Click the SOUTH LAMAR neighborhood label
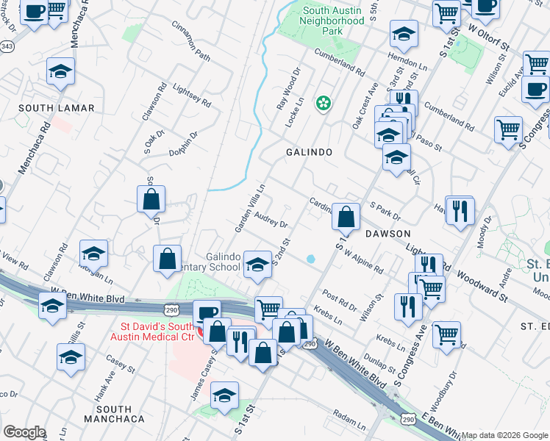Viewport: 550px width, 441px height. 57,108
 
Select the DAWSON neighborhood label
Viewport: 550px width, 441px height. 387,233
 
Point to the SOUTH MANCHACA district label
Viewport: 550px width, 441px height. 113,414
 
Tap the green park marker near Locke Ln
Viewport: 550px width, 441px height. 323,104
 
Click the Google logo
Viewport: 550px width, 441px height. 24,431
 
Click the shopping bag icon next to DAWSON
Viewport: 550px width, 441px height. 346,217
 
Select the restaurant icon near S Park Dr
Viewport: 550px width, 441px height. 460,211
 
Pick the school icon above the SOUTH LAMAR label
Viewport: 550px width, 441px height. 61,71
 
